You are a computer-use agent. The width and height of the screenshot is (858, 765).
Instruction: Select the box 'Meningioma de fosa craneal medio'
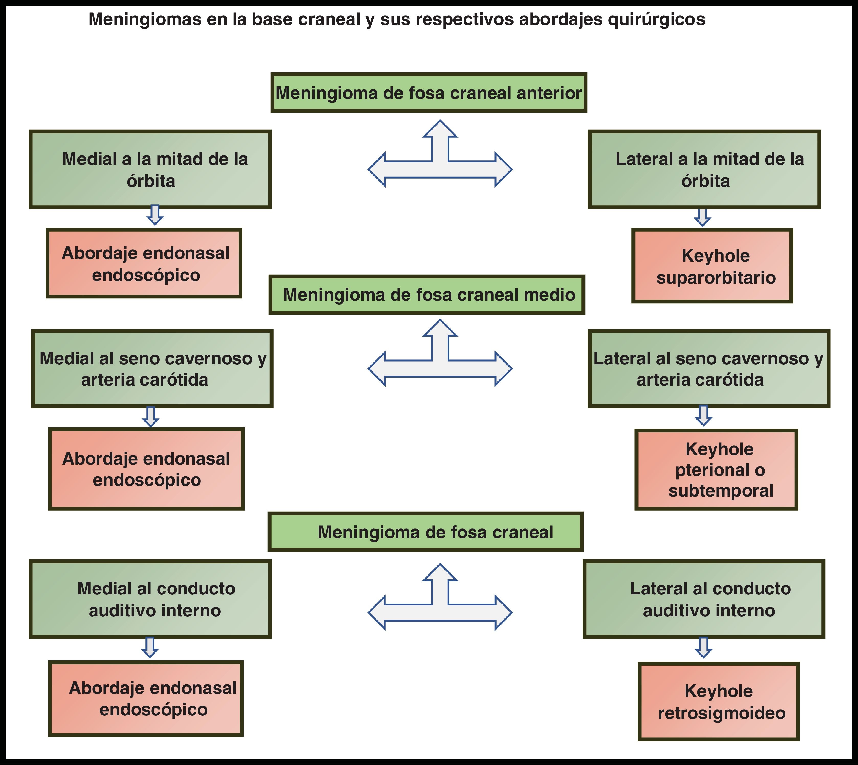click(427, 295)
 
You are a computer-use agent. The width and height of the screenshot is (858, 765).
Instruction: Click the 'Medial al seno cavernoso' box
click(152, 369)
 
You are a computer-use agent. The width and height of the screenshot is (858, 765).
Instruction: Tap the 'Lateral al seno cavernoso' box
click(709, 369)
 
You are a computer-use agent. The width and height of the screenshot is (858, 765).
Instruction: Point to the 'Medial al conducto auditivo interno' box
click(150, 599)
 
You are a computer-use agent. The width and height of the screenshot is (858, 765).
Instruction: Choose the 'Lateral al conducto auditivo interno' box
click(704, 599)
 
